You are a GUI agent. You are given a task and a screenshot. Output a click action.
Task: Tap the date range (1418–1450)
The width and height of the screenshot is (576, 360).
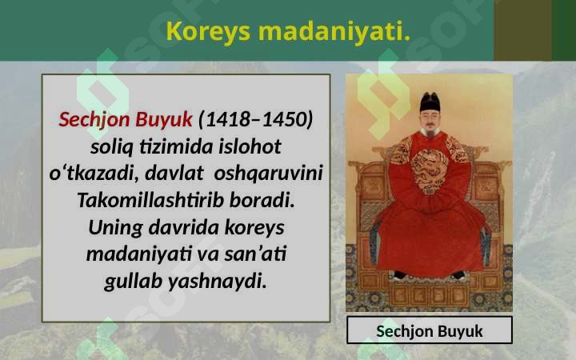pyautogui.click(x=256, y=120)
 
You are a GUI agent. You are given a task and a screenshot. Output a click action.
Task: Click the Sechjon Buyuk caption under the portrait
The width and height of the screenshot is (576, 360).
pyautogui.click(x=430, y=331)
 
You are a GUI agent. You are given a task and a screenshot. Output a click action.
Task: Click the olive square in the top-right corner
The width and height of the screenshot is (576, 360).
pyautogui.click(x=522, y=30)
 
